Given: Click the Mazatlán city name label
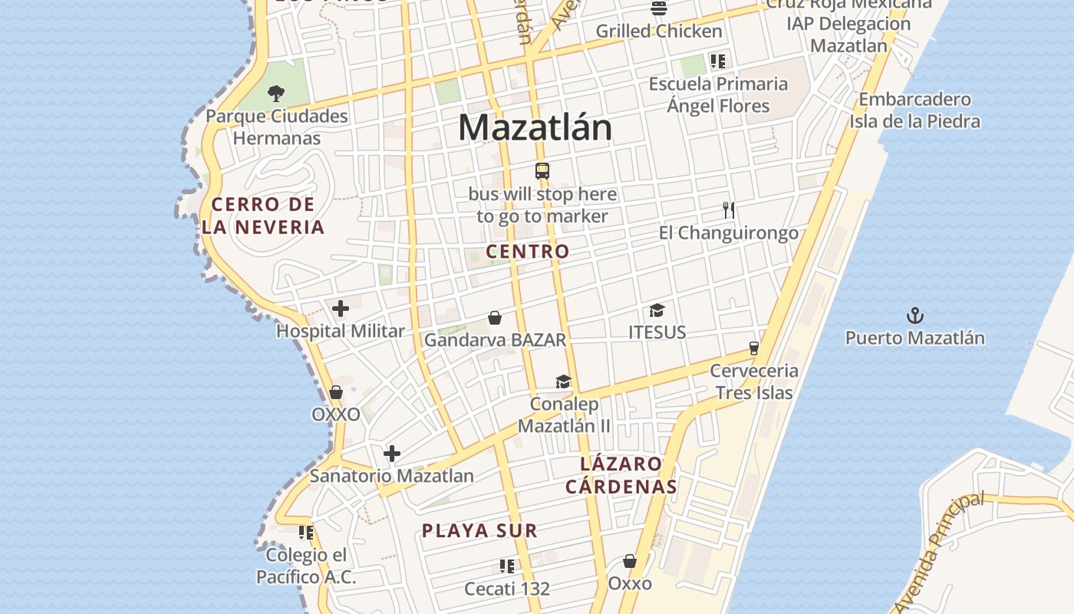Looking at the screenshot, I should coord(535,127).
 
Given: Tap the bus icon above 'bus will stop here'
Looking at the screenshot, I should coord(542,171).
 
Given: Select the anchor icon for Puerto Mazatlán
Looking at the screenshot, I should coord(915,315).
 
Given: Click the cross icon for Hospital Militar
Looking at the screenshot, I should coord(341,309).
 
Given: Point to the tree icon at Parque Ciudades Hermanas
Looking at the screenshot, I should coord(276,94).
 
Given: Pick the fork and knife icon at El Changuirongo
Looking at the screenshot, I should coord(729,210).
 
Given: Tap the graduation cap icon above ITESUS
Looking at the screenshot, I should coord(657,310).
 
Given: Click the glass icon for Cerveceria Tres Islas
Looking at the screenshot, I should coord(753,348).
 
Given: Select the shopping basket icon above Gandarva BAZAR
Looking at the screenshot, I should coord(495,317).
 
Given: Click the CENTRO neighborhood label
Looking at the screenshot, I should coord(528,252).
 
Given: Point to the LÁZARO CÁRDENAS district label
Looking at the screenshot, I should coord(621,475).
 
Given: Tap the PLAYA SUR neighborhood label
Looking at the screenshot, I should coord(479,530).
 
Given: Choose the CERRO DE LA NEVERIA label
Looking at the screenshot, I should coord(263,216).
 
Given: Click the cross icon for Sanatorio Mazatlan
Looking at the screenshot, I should coord(392,454).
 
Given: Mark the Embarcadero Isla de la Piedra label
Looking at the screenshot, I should coord(914,111).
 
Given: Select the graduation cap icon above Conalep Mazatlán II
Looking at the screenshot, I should coord(564,381).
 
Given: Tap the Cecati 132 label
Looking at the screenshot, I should coord(507,589).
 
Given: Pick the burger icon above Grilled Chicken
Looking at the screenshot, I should coord(659,8).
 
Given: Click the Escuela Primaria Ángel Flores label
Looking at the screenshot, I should coord(718,94).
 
